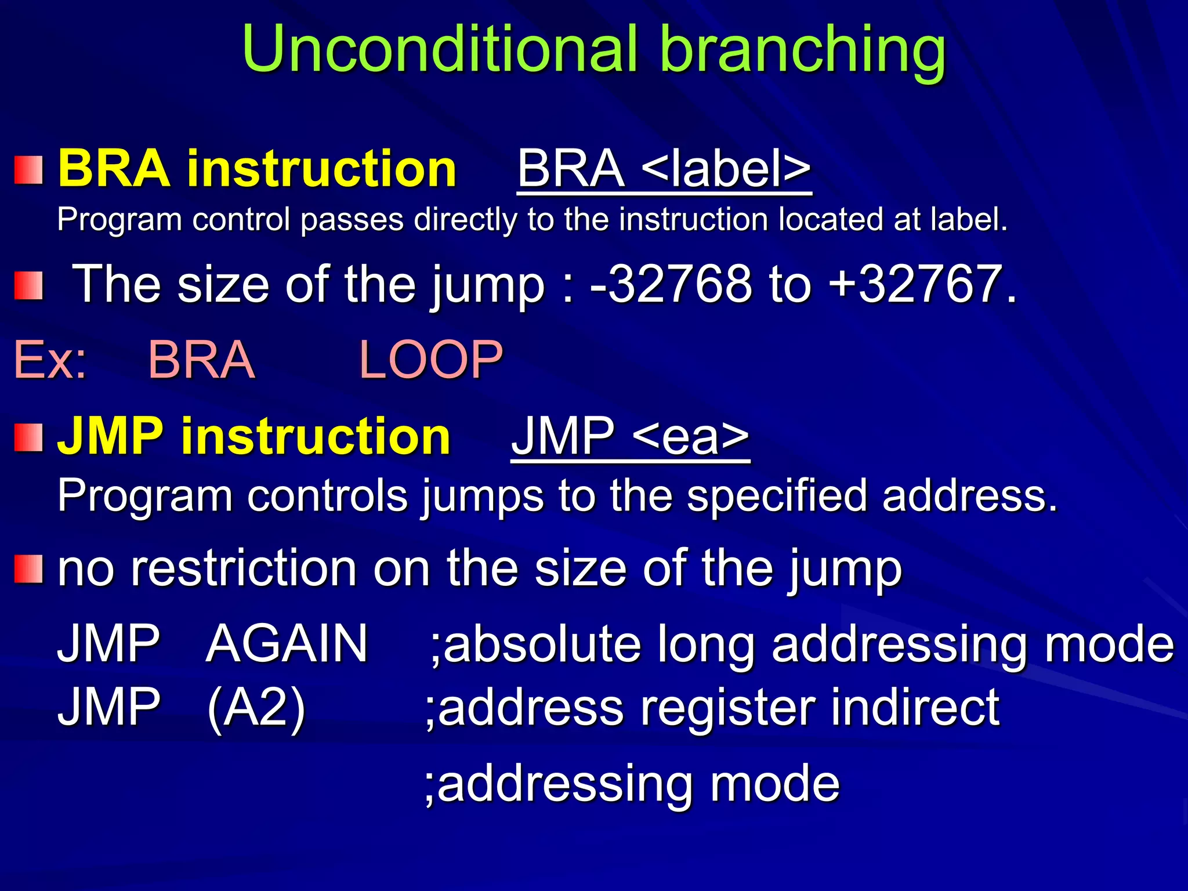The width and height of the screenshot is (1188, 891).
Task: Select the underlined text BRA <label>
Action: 664,169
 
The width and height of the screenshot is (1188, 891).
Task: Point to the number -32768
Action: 671,284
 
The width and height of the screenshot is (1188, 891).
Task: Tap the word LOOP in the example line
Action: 431,360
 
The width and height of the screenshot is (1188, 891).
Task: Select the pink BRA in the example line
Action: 202,360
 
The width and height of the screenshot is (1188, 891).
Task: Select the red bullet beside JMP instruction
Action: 28,437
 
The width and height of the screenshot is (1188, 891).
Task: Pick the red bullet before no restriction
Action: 28,568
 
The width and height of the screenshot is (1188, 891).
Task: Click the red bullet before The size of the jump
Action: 28,286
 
